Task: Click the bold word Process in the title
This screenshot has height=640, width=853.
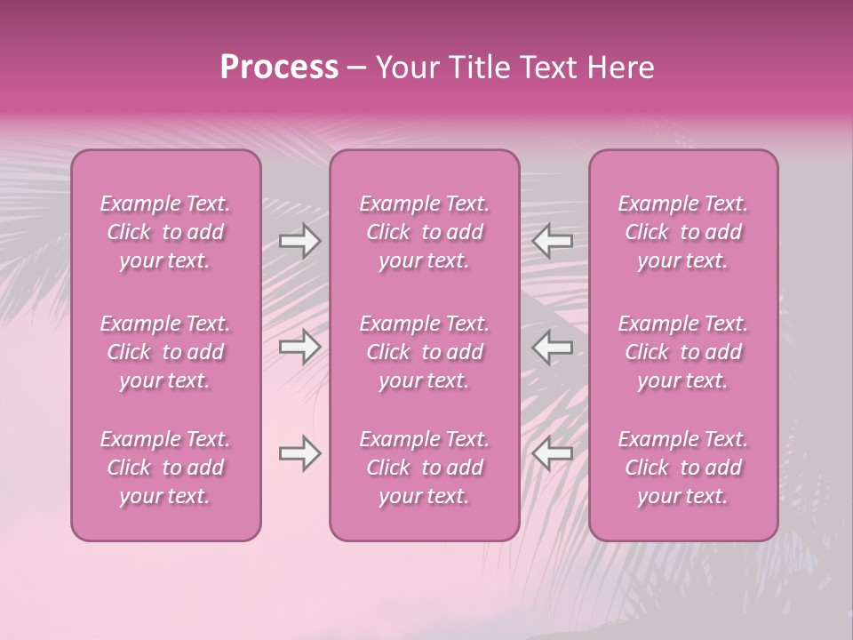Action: (x=279, y=68)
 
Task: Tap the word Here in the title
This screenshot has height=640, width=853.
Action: (x=620, y=68)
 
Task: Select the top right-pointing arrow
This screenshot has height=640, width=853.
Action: (x=300, y=241)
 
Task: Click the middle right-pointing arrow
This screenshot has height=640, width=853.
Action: (x=300, y=347)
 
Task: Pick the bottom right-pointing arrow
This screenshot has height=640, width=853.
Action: (x=300, y=453)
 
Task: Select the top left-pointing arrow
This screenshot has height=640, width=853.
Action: (x=552, y=241)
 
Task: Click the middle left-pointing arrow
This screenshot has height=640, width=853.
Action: (x=552, y=347)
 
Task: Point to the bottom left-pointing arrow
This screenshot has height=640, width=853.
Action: (x=552, y=453)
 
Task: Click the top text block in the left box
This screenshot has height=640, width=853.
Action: (x=165, y=232)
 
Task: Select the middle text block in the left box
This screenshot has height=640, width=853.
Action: (x=165, y=352)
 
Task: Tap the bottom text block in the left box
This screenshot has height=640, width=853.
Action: (x=165, y=468)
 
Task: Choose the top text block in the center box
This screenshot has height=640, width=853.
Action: (x=425, y=232)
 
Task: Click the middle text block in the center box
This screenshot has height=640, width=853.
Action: (x=425, y=352)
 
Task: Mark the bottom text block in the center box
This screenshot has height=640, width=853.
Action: (x=425, y=468)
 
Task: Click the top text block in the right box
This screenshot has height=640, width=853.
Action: (x=683, y=232)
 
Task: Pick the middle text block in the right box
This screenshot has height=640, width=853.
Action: (x=683, y=352)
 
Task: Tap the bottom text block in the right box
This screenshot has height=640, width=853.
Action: (x=683, y=468)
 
